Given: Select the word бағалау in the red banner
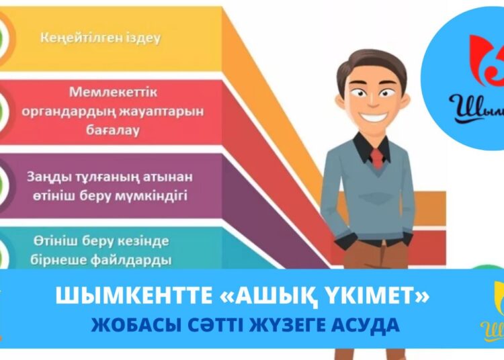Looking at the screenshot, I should point(112,130).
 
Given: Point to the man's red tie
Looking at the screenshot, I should point(377,159).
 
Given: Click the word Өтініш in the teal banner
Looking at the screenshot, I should point(50,240).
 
